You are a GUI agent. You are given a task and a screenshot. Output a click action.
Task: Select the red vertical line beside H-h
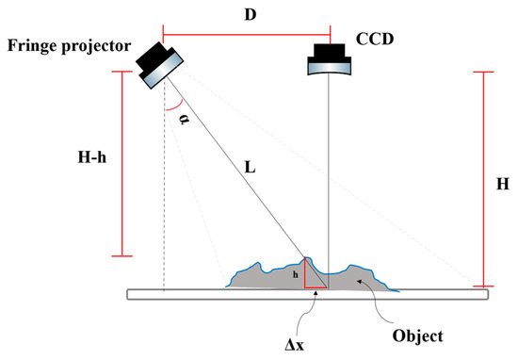[x=123, y=160]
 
